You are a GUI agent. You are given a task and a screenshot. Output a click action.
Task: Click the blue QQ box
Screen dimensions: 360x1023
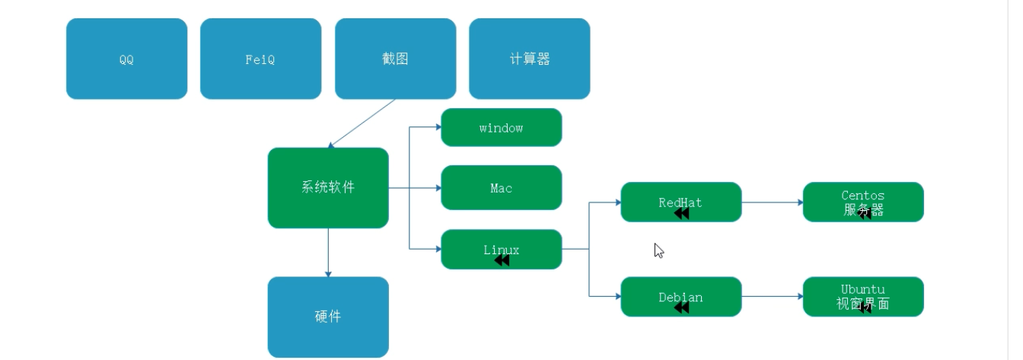pos(126,59)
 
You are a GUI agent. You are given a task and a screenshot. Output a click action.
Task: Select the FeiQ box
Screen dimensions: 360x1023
pos(260,59)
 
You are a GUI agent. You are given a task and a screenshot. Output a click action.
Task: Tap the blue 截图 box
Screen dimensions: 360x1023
pos(395,59)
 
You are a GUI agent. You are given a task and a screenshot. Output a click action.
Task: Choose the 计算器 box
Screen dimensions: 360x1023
pos(529,59)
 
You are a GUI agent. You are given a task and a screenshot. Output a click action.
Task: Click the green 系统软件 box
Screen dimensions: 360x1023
pos(328,187)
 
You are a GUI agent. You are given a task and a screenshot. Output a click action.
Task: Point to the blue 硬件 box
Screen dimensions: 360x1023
pos(328,317)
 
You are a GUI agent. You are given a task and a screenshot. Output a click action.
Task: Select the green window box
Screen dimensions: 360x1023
pos(501,127)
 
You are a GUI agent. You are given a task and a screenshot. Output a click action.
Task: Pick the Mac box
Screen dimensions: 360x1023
pos(501,187)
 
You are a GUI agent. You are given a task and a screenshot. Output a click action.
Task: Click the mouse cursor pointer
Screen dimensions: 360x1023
pos(658,250)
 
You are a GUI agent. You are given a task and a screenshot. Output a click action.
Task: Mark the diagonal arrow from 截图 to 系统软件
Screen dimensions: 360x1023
pos(362,123)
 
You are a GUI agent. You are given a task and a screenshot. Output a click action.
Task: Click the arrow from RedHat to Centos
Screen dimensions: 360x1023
pos(772,203)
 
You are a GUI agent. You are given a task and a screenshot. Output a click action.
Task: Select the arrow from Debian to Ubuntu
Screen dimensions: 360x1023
pos(772,297)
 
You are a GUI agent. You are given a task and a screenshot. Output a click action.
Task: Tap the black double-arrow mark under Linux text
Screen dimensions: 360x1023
pos(502,260)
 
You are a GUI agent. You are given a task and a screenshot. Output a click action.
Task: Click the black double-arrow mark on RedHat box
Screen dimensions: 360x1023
pos(681,214)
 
